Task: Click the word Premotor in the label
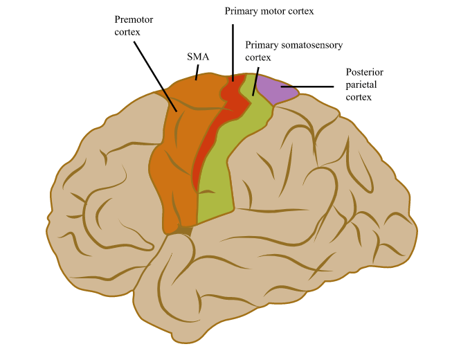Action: coord(134,19)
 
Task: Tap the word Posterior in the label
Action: coord(365,72)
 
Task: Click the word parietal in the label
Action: coord(363,84)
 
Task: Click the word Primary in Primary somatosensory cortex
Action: coord(262,46)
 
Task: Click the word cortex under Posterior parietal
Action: coord(359,97)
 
